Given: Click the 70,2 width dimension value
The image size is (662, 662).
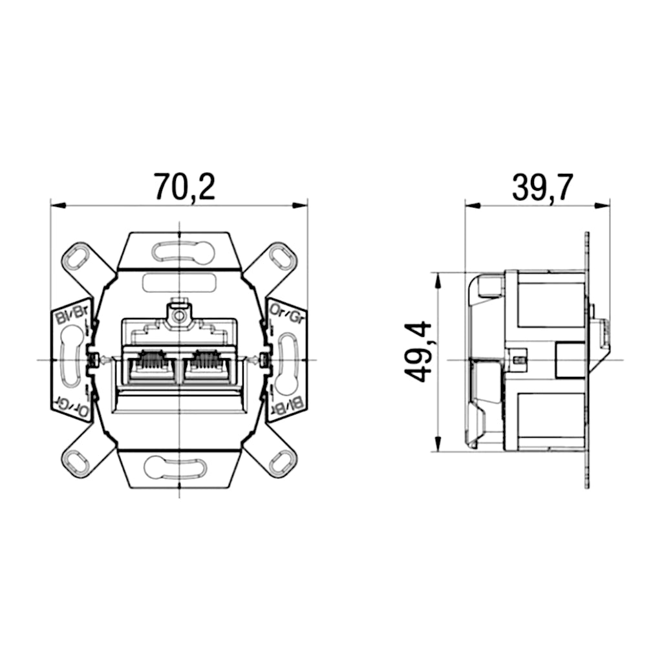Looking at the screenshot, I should point(184,186).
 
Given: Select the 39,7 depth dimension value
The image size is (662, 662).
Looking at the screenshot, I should point(542,187).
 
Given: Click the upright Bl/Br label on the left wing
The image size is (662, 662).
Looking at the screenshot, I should point(70,315).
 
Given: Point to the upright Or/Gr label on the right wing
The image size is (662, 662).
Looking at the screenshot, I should point(286,315).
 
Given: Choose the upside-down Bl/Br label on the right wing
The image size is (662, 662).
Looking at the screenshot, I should point(287,406).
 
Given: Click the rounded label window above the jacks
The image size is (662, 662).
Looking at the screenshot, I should point(178,283).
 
